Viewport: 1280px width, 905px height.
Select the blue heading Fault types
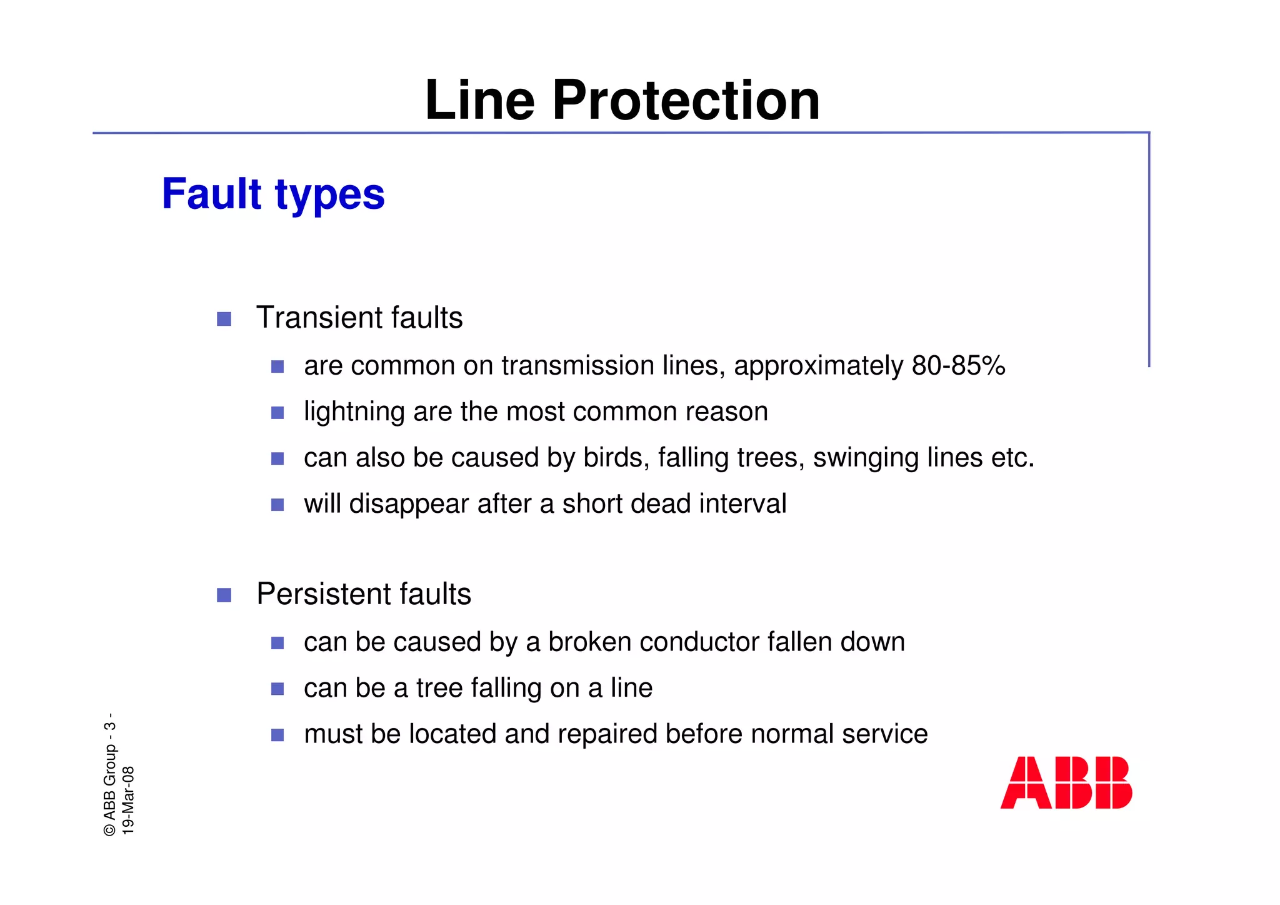tap(273, 194)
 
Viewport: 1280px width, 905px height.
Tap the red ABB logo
tap(1066, 782)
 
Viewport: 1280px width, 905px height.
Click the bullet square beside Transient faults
tap(224, 320)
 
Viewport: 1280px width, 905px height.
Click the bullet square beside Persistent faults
tap(224, 595)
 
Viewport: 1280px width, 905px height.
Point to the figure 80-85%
tap(958, 366)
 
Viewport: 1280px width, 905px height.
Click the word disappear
tap(409, 504)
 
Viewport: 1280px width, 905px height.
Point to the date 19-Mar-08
tap(128, 801)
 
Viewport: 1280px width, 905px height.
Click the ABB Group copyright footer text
tap(110, 776)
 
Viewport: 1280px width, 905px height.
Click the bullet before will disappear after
tap(277, 505)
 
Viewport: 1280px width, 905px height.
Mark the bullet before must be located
tap(277, 735)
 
